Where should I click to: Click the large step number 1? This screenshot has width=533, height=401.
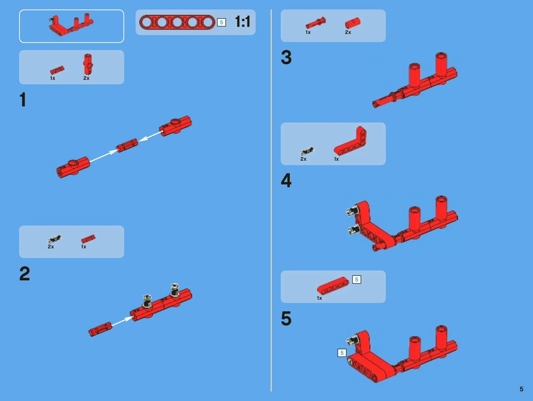pyautogui.click(x=23, y=100)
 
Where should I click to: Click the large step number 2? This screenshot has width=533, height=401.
pyautogui.click(x=25, y=274)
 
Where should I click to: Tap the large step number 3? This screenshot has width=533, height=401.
pyautogui.click(x=286, y=57)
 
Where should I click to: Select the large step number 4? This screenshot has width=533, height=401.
pyautogui.click(x=286, y=180)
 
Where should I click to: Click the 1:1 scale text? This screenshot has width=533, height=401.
pyautogui.click(x=243, y=22)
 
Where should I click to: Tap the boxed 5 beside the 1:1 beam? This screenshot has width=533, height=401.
pyautogui.click(x=221, y=22)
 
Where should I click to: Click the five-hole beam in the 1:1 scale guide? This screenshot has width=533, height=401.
pyautogui.click(x=177, y=22)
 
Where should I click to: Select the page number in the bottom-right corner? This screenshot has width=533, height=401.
pyautogui.click(x=521, y=389)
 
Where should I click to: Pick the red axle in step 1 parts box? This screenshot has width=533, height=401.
pyautogui.click(x=57, y=70)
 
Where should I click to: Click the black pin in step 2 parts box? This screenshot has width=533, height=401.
pyautogui.click(x=55, y=239)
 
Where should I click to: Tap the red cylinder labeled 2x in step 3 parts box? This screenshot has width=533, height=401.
pyautogui.click(x=353, y=23)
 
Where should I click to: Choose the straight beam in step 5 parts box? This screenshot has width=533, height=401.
pyautogui.click(x=333, y=286)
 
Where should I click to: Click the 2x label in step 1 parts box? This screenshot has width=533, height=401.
pyautogui.click(x=86, y=78)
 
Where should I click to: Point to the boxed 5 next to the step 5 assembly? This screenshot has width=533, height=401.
pyautogui.click(x=342, y=353)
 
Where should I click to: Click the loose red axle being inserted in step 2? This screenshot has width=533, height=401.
pyautogui.click(x=100, y=329)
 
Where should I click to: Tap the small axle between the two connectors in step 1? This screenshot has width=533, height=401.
pyautogui.click(x=127, y=145)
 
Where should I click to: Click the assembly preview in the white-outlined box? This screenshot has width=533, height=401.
pyautogui.click(x=71, y=25)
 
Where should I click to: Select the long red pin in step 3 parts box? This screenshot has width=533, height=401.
pyautogui.click(x=315, y=23)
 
